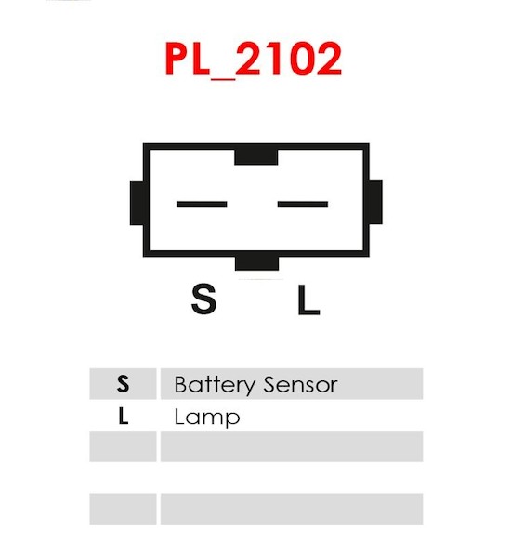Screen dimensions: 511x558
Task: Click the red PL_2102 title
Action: [x=254, y=59]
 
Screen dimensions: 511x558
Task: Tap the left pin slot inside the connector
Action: [x=202, y=205]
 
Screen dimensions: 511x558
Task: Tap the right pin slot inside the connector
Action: [x=303, y=205]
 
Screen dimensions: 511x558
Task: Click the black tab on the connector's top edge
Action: [x=256, y=157]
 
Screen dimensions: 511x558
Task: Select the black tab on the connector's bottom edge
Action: [x=256, y=263]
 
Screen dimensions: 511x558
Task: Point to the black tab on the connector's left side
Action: [x=137, y=203]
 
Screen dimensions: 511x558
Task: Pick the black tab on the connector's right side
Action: [x=375, y=203]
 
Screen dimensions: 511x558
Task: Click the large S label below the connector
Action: [x=203, y=299]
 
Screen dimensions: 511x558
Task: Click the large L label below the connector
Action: [x=308, y=299]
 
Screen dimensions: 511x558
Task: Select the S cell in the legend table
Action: [x=123, y=383]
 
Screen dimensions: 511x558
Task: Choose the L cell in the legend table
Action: [x=123, y=415]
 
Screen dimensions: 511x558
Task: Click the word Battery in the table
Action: [x=215, y=385]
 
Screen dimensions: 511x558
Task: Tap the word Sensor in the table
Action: [x=301, y=385]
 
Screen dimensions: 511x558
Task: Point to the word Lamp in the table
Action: [x=207, y=417]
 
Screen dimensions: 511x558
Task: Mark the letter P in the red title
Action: [x=177, y=59]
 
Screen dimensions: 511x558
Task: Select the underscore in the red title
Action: [x=223, y=77]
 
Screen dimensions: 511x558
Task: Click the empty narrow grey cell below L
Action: [x=123, y=446]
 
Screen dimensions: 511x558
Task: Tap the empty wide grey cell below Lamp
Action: [x=292, y=446]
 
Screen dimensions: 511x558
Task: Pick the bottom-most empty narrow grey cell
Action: [x=123, y=509]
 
